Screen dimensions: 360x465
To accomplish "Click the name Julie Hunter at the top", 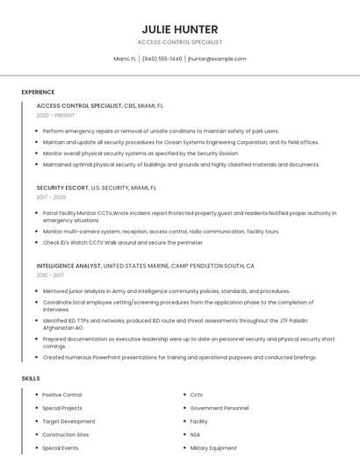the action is pyautogui.click(x=180, y=29).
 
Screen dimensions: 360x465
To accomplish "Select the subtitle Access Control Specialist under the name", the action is pyautogui.click(x=180, y=42).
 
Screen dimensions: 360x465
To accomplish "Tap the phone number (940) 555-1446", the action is pyautogui.click(x=162, y=59).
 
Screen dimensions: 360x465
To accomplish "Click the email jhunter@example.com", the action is pyautogui.click(x=217, y=59).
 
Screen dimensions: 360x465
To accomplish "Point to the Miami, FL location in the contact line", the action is pyautogui.click(x=126, y=59).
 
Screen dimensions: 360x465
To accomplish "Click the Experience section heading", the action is pyautogui.click(x=38, y=92).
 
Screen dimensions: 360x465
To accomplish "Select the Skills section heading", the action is pyautogui.click(x=31, y=378).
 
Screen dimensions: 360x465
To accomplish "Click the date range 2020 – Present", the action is pyautogui.click(x=55, y=115).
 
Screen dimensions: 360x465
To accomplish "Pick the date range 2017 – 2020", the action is pyautogui.click(x=52, y=197).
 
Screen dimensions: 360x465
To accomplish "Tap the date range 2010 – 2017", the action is pyautogui.click(x=52, y=275).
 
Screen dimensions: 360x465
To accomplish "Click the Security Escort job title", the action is pyautogui.click(x=63, y=188).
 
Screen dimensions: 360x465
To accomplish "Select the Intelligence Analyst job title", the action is pyautogui.click(x=69, y=265).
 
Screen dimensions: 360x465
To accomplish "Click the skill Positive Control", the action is pyautogui.click(x=62, y=395).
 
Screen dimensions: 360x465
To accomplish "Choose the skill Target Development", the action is pyautogui.click(x=68, y=421).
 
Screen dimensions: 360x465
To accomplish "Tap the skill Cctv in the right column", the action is pyautogui.click(x=197, y=395).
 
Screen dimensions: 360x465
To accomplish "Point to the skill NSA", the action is pyautogui.click(x=195, y=434).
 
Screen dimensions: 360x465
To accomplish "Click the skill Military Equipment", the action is pyautogui.click(x=213, y=447).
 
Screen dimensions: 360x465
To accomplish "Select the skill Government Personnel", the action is pyautogui.click(x=220, y=408).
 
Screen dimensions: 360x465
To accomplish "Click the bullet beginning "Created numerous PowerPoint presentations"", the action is pyautogui.click(x=179, y=357).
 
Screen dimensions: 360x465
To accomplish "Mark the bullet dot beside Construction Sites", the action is pyautogui.click(x=36, y=434).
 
